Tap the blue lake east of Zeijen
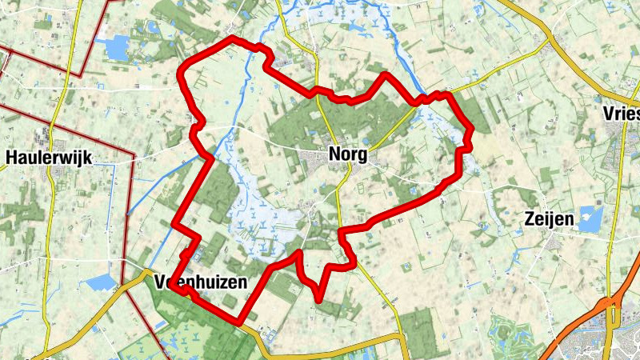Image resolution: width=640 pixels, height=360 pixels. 590,218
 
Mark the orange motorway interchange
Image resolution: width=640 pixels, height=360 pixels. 611,303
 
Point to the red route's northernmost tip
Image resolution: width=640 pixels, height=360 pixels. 234,38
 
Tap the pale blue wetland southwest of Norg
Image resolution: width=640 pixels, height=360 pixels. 256,216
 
